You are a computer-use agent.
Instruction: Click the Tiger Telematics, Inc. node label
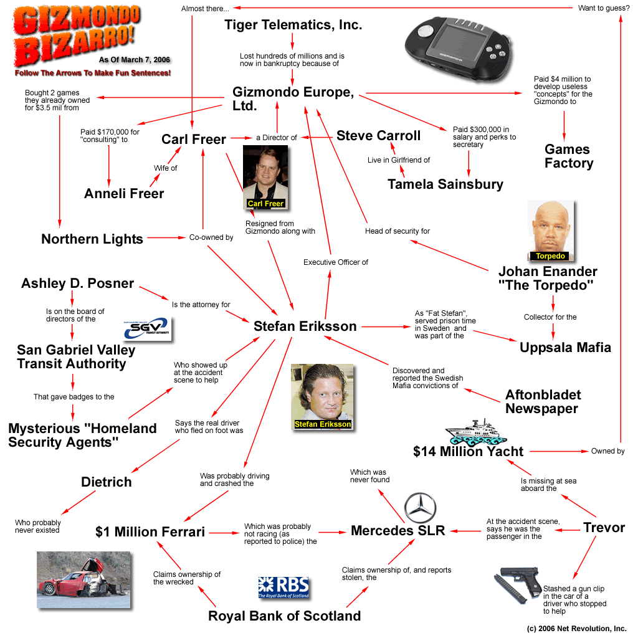pyautogui.click(x=293, y=26)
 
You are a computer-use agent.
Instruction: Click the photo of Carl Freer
pyautogui.click(x=265, y=178)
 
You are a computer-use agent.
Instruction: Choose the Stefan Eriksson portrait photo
pyautogui.click(x=322, y=398)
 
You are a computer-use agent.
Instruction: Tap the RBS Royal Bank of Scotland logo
pyautogui.click(x=283, y=588)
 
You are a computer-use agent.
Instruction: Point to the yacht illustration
pyautogui.click(x=478, y=432)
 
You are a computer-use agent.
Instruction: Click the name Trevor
pyautogui.click(x=604, y=528)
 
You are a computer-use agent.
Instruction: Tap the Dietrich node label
pyautogui.click(x=107, y=482)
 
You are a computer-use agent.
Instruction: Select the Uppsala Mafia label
pyautogui.click(x=565, y=347)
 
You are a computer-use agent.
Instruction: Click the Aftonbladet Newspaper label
pyautogui.click(x=543, y=402)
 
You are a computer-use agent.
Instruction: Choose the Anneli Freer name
pyautogui.click(x=124, y=194)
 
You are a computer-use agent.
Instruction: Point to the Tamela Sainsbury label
pyautogui.click(x=445, y=184)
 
